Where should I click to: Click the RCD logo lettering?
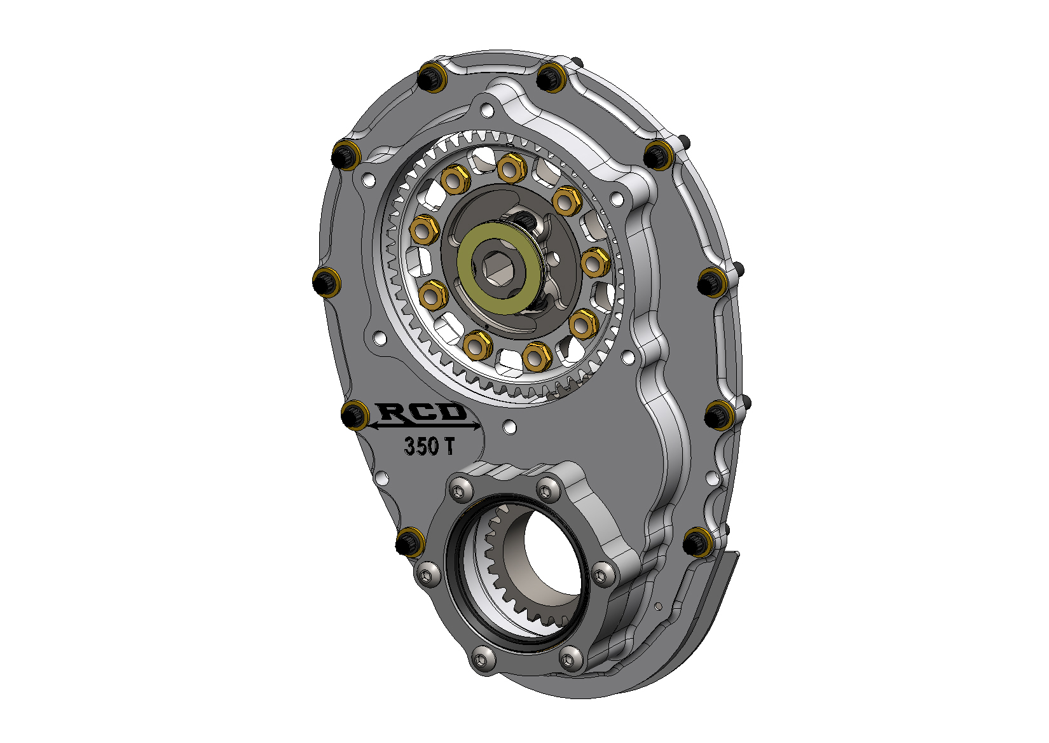pyautogui.click(x=422, y=412)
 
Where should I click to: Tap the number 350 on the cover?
pyautogui.click(x=422, y=446)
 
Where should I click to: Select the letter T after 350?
pyautogui.click(x=448, y=446)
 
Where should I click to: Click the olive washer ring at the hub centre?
pyautogui.click(x=499, y=267)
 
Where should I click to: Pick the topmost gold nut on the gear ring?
pyautogui.click(x=511, y=167)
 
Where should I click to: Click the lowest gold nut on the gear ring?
pyautogui.click(x=537, y=356)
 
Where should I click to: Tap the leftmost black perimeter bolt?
pyautogui.click(x=326, y=282)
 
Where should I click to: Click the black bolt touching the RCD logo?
pyautogui.click(x=354, y=415)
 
